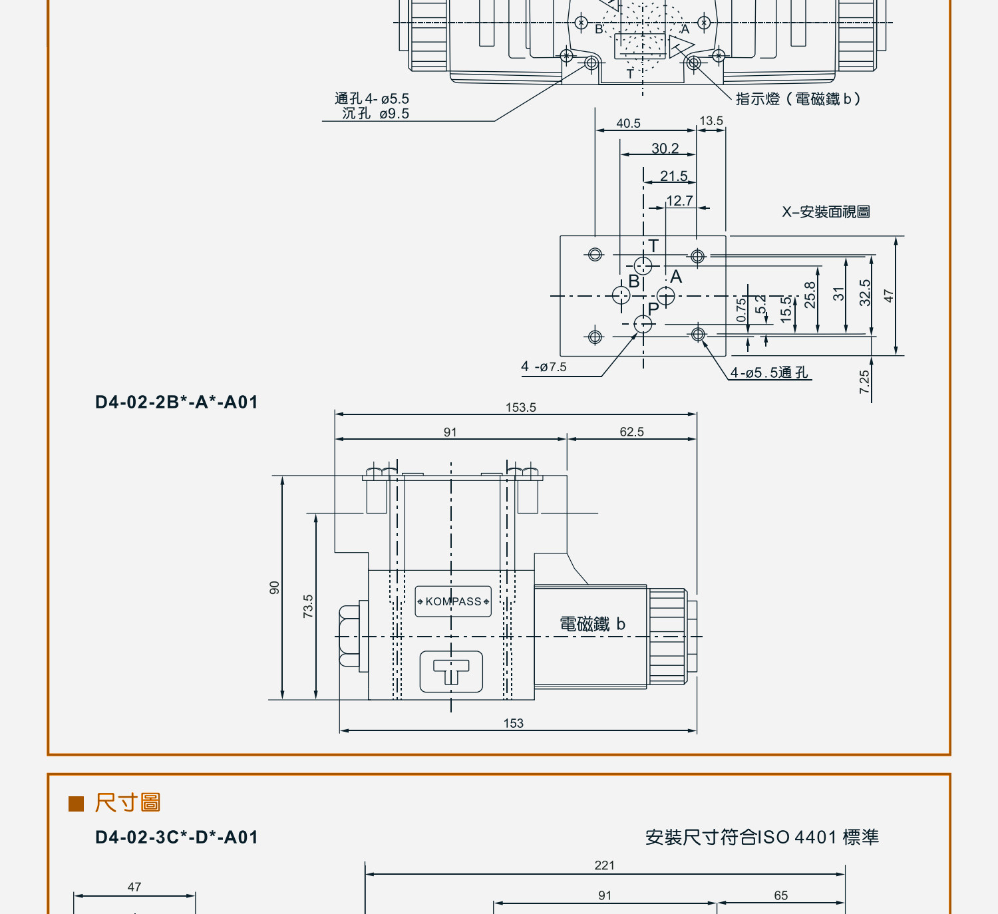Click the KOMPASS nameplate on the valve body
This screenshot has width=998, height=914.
point(452,601)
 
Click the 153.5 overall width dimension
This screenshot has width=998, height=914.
point(520,408)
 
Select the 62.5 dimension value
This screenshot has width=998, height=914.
point(631,432)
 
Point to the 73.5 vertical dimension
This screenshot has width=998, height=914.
point(308,606)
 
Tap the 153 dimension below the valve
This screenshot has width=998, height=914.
point(513,723)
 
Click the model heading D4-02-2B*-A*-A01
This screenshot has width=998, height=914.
point(176,402)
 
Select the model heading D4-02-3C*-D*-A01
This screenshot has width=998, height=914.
point(176,837)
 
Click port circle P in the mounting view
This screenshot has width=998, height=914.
point(643,325)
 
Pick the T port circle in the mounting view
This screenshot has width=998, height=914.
point(643,265)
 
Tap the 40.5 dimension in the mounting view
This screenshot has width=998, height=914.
point(628,123)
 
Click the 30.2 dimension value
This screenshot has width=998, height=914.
point(665,148)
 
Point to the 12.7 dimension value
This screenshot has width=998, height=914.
point(679,200)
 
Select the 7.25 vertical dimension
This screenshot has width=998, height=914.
point(864,382)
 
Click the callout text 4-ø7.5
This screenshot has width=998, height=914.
point(544,367)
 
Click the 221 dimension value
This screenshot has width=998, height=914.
point(604,865)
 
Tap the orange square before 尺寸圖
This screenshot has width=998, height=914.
point(76,804)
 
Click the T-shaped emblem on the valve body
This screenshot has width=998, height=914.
point(450,671)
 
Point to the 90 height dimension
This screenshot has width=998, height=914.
point(275,587)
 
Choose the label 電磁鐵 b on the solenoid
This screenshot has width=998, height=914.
point(592,624)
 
